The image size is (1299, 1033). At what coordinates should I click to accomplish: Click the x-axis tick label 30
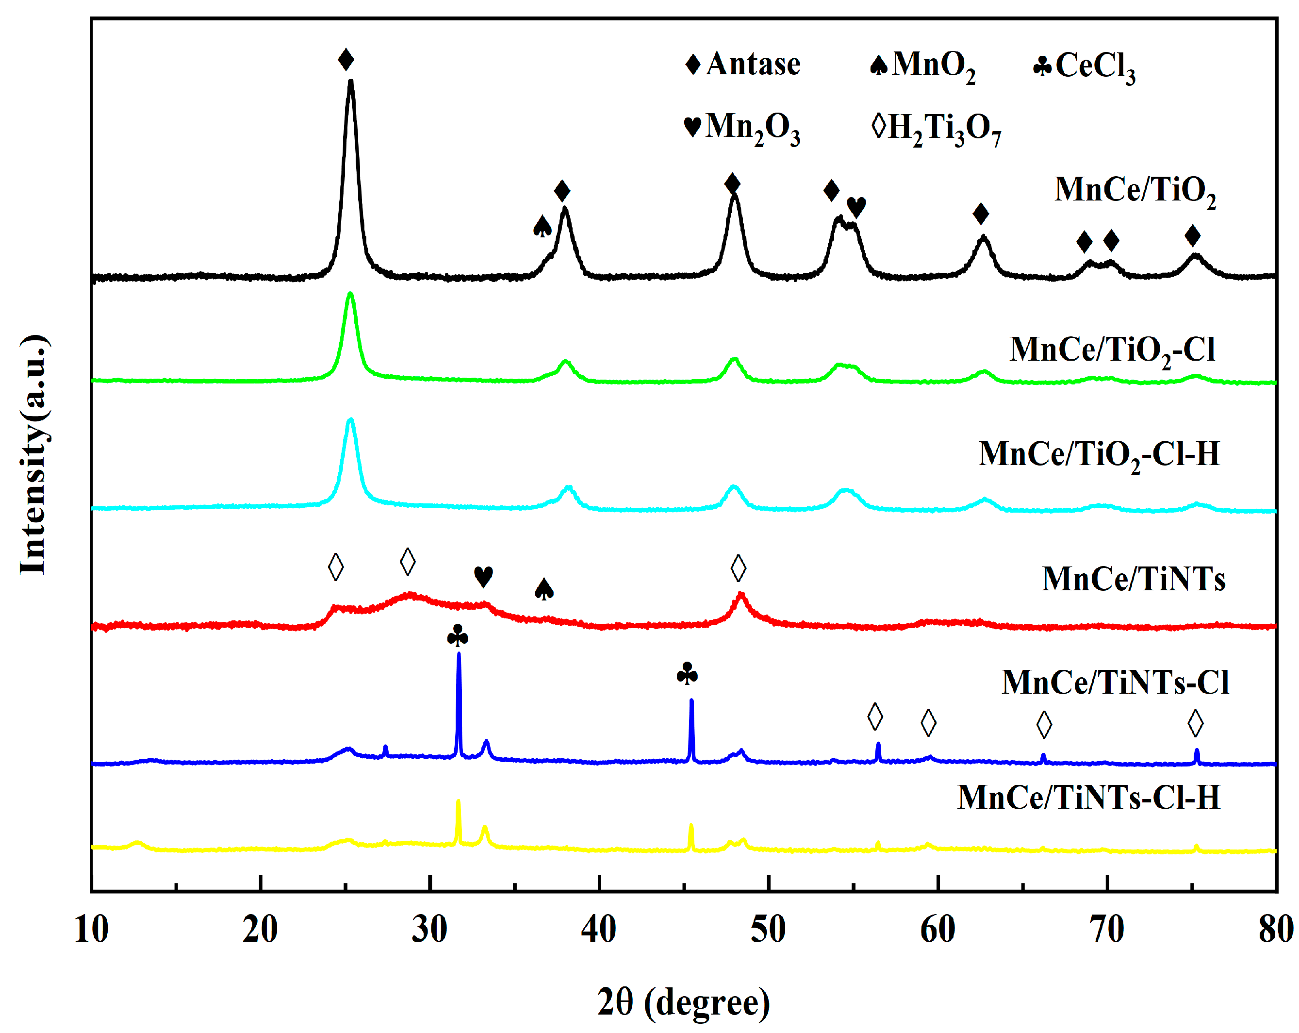(429, 929)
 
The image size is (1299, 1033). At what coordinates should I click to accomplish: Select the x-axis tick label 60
(937, 929)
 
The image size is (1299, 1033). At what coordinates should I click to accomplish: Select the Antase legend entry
(742, 64)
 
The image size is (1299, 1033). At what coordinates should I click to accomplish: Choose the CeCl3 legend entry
(1085, 67)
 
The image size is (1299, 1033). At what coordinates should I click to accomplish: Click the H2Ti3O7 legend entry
(937, 128)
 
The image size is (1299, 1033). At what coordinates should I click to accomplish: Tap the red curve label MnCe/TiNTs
(1134, 580)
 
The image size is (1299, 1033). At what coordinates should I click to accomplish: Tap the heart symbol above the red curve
(483, 576)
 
